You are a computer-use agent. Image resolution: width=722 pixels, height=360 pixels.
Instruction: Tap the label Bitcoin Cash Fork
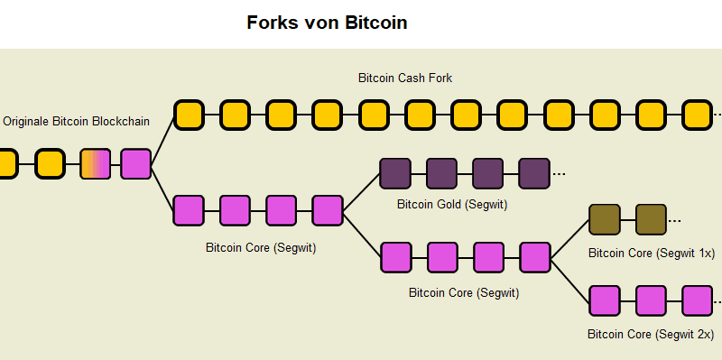pyautogui.click(x=405, y=78)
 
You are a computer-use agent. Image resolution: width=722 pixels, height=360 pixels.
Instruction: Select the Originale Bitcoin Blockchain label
pyautogui.click(x=77, y=121)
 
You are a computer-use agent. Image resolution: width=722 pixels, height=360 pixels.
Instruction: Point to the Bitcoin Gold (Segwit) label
pyautogui.click(x=452, y=205)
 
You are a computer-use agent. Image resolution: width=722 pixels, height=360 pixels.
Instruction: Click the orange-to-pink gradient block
pyautogui.click(x=96, y=164)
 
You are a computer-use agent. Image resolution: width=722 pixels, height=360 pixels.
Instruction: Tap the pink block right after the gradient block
pyautogui.click(x=136, y=164)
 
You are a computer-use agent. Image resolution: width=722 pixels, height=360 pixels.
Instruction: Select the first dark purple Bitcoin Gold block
pyautogui.click(x=395, y=172)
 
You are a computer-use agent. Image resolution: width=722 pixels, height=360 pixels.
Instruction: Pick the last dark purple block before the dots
pyautogui.click(x=534, y=172)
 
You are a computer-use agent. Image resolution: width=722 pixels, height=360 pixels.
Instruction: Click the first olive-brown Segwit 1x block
pyautogui.click(x=604, y=219)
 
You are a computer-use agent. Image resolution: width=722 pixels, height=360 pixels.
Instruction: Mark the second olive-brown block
pyautogui.click(x=651, y=219)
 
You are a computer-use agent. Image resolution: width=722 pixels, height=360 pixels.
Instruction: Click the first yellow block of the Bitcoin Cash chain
pyautogui.click(x=189, y=115)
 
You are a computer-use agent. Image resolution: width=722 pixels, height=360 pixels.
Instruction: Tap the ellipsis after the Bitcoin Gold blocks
pyautogui.click(x=559, y=174)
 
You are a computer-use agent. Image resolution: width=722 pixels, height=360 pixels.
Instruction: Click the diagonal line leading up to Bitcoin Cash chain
pyautogui.click(x=162, y=140)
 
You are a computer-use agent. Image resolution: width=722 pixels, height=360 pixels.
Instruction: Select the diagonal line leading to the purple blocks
pyautogui.click(x=361, y=191)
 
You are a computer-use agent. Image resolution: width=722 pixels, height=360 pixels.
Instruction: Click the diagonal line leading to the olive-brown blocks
pyautogui.click(x=569, y=238)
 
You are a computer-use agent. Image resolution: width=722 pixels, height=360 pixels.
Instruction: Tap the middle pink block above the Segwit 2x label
pyautogui.click(x=651, y=300)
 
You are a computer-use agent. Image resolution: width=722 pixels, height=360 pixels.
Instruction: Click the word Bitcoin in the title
pyautogui.click(x=376, y=23)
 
